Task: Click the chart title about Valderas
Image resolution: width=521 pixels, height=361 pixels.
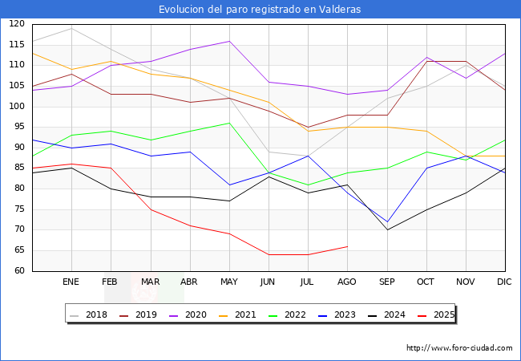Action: coord(260,10)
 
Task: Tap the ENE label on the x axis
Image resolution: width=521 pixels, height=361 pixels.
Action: coord(71,282)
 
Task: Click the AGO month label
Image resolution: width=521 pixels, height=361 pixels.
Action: coord(347,282)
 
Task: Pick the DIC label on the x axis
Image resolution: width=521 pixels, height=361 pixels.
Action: coord(504,282)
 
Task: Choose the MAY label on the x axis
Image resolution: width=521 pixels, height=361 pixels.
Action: coord(229,282)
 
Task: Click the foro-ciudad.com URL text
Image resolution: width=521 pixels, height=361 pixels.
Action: coord(459,348)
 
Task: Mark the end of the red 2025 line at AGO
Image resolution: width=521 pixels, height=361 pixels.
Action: coord(347,246)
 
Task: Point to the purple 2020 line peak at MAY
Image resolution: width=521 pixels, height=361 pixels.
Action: coord(229,41)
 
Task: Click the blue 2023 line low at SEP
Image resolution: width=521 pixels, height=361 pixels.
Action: coord(386,221)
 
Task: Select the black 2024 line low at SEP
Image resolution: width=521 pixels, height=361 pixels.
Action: coord(386,229)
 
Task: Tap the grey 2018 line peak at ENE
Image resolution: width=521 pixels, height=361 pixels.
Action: coord(72,28)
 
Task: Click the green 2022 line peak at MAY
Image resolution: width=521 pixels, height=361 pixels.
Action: coord(229,123)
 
